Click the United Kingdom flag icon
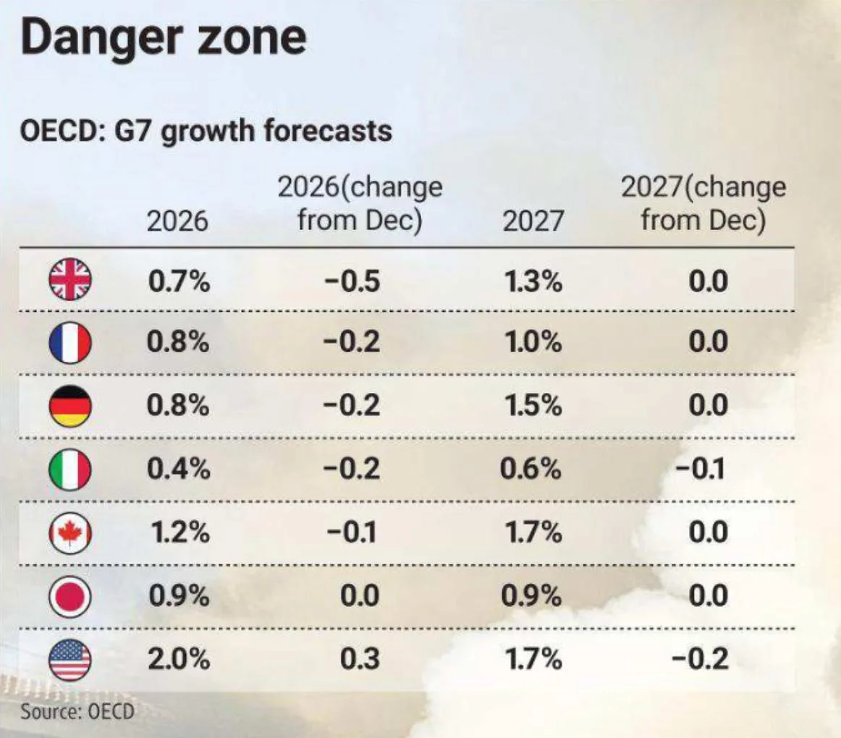tap(69, 280)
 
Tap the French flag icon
tap(69, 342)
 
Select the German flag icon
tap(69, 406)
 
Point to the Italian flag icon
tap(69, 470)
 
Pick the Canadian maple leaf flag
tap(69, 533)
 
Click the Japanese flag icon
tap(69, 597)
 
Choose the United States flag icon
tap(69, 660)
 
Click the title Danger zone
tap(164, 38)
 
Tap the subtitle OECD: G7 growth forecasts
tap(206, 132)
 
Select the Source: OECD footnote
tap(77, 711)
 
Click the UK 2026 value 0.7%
tap(179, 280)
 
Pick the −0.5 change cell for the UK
tap(352, 280)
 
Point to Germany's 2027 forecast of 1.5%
tap(531, 406)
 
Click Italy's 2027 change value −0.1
tap(701, 470)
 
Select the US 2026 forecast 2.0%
tap(179, 660)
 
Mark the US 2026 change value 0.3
tap(359, 660)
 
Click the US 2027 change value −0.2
tap(701, 660)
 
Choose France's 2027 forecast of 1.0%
tap(531, 342)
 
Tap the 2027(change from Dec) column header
tap(703, 203)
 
